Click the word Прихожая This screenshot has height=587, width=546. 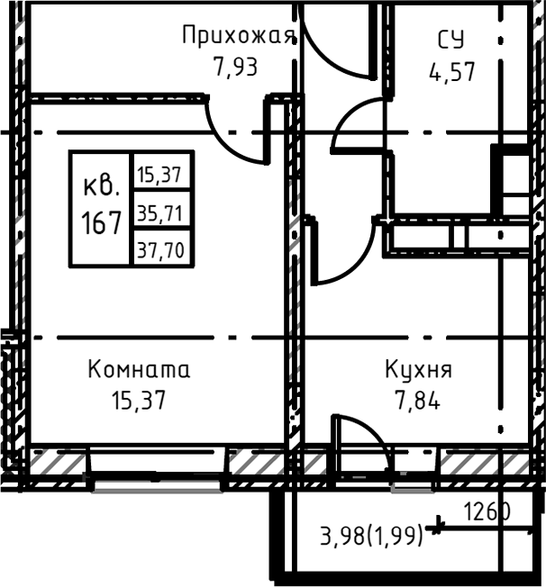pyautogui.click(x=239, y=36)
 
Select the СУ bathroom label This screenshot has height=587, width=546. pyautogui.click(x=450, y=39)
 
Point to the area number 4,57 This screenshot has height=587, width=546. pyautogui.click(x=450, y=69)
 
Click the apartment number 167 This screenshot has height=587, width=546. pyautogui.click(x=102, y=221)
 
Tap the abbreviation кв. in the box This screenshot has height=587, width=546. pyautogui.click(x=102, y=187)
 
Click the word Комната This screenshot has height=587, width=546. pyautogui.click(x=139, y=369)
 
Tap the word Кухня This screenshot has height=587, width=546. pyautogui.click(x=418, y=369)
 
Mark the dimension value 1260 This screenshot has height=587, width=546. pyautogui.click(x=487, y=512)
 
